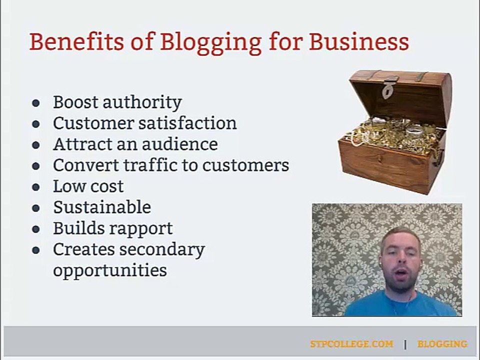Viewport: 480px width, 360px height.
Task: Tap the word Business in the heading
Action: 358,42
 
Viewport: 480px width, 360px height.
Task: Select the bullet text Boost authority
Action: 117,102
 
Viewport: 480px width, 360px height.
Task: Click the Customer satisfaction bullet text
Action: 144,123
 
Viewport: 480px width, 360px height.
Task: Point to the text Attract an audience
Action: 135,144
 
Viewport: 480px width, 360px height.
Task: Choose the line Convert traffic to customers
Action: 171,165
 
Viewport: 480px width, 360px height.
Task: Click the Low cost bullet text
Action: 88,186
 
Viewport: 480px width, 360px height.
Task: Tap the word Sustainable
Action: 101,207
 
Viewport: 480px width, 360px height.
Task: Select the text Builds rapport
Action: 112,228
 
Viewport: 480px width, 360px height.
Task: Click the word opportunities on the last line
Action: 109,270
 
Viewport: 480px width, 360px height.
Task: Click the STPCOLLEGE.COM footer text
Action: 351,344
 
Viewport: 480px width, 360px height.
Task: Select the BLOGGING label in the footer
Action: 442,344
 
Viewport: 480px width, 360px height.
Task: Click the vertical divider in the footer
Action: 405,344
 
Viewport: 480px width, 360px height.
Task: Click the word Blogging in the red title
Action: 210,42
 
